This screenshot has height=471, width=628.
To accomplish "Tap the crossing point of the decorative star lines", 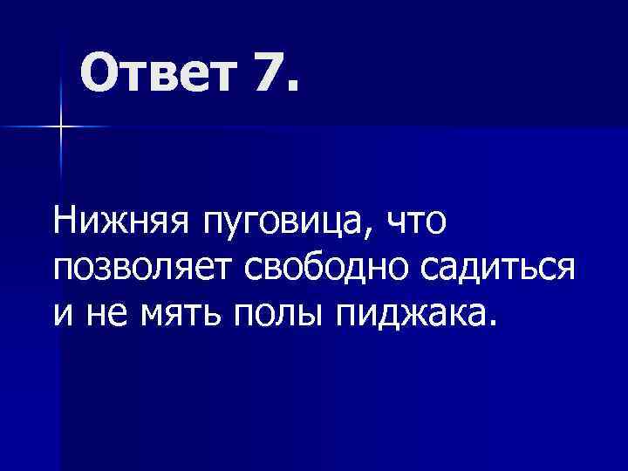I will click(x=61, y=127).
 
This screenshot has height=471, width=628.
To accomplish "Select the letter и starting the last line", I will click(x=62, y=312).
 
